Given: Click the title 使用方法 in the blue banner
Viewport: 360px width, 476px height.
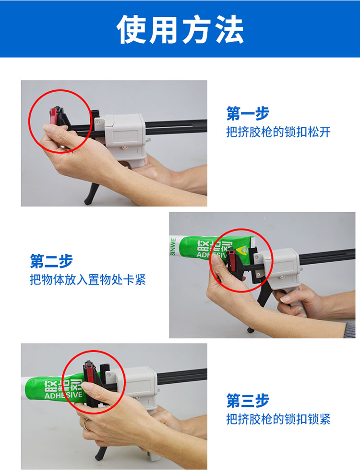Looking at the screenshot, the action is click(x=180, y=29).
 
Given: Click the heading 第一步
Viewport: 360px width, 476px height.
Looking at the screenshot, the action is click(x=248, y=113).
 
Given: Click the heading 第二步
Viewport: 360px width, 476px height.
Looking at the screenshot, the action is click(x=51, y=261).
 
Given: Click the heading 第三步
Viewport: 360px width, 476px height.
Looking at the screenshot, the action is click(x=248, y=400).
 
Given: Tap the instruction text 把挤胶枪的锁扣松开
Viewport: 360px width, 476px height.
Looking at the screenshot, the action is click(x=278, y=132).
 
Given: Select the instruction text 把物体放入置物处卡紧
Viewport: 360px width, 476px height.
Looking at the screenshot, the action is click(x=88, y=280).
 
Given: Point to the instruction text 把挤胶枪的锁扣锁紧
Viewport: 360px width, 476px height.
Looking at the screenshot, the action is click(x=278, y=419).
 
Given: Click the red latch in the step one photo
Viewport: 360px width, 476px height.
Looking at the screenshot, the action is click(x=54, y=115).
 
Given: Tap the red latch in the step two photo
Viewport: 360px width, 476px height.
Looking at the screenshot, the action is click(x=232, y=260).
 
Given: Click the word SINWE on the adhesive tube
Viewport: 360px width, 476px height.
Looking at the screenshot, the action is click(x=173, y=247).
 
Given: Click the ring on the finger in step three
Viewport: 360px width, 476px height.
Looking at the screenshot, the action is click(x=86, y=424).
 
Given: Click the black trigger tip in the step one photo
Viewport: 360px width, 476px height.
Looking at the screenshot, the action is click(x=88, y=201).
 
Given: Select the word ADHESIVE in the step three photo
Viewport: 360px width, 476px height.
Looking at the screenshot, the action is click(x=63, y=395).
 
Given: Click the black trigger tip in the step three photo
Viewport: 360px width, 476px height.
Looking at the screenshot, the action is click(x=98, y=456).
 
